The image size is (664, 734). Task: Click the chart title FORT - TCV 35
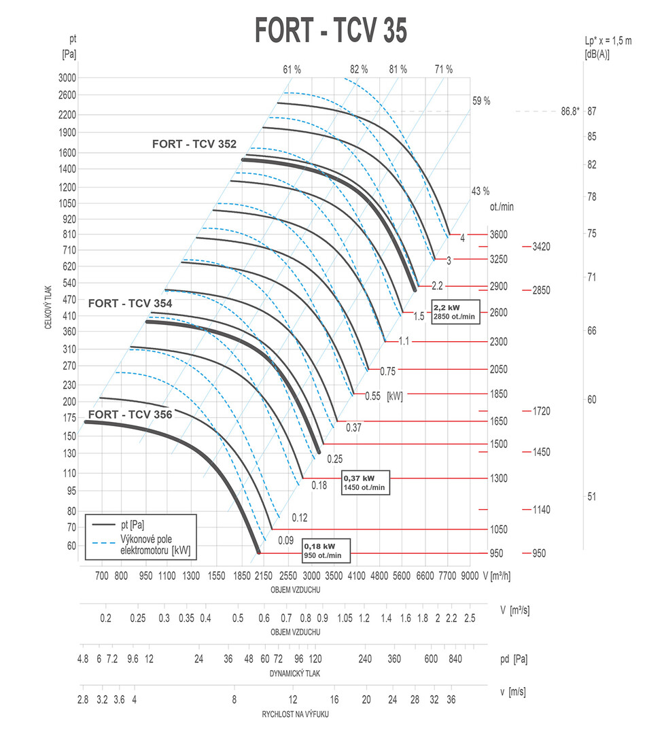pyautogui.click(x=331, y=30)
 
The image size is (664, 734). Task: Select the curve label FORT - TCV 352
pyautogui.click(x=194, y=144)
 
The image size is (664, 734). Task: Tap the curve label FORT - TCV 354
pyautogui.click(x=130, y=304)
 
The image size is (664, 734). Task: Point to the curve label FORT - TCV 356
pyautogui.click(x=130, y=414)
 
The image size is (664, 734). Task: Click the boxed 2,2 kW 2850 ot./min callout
pyautogui.click(x=454, y=313)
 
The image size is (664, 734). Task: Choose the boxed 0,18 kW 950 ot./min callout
pyautogui.click(x=326, y=550)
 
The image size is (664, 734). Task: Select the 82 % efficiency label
pyautogui.click(x=358, y=69)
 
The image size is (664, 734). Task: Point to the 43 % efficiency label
pyautogui.click(x=480, y=191)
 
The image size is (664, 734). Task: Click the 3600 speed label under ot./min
pyautogui.click(x=498, y=235)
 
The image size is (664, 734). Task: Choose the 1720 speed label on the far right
pyautogui.click(x=542, y=411)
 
